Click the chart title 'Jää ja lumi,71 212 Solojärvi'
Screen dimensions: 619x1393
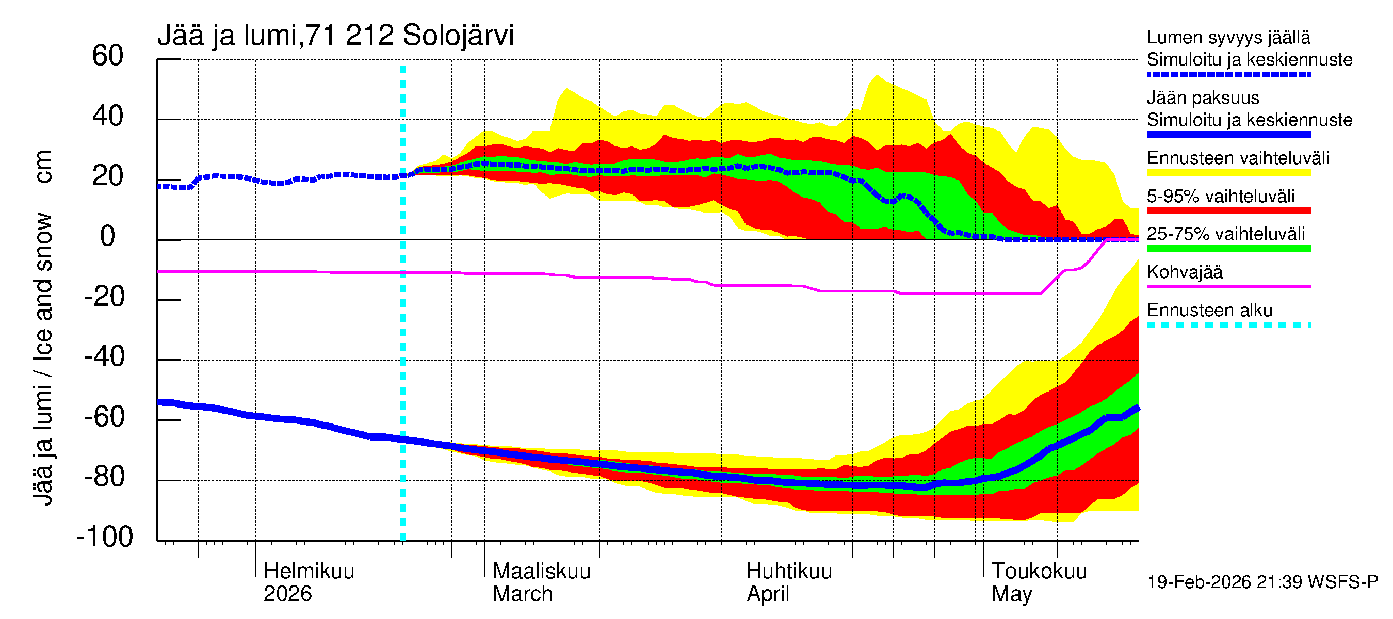point(335,36)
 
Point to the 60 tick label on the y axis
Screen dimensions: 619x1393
point(108,56)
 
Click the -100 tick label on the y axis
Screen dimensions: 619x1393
point(104,537)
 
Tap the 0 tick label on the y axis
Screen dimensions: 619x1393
point(108,236)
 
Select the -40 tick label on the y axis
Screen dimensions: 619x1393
point(104,357)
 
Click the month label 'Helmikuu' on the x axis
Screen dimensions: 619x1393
point(309,571)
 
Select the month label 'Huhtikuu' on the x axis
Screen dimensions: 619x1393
point(789,571)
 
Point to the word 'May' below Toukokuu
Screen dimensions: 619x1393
point(1011,594)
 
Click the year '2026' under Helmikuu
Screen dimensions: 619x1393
point(287,594)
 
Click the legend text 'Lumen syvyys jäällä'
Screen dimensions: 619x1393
point(1228,37)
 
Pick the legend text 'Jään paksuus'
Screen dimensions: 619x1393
point(1203,98)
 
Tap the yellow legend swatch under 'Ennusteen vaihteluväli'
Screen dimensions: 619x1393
point(1228,173)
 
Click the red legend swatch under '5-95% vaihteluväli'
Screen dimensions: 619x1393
point(1228,211)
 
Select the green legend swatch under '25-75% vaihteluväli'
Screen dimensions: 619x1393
point(1228,249)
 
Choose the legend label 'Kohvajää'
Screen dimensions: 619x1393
point(1184,272)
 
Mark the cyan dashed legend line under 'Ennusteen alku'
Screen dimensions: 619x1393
point(1228,325)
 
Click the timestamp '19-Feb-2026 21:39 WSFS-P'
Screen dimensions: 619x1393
point(1262,582)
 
